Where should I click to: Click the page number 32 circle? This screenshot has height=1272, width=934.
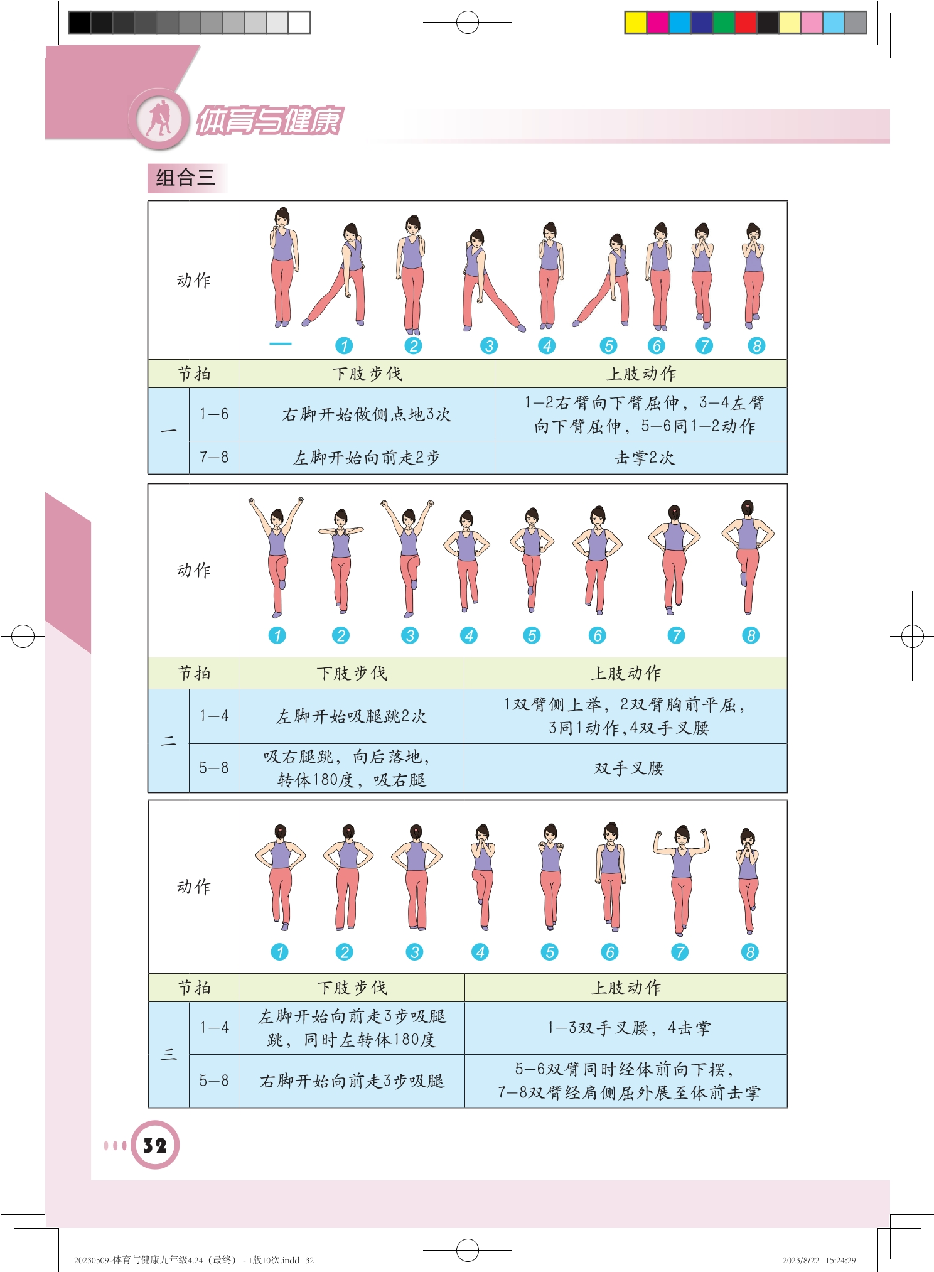pyautogui.click(x=155, y=1145)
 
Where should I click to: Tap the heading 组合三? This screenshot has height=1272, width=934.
pyautogui.click(x=185, y=178)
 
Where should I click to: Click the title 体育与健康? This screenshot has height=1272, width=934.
pyautogui.click(x=269, y=121)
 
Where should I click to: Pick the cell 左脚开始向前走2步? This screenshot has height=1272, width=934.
pyautogui.click(x=367, y=458)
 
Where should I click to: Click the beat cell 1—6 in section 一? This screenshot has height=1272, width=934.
pyautogui.click(x=214, y=414)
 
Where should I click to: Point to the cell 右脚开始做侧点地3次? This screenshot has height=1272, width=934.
pyautogui.click(x=367, y=414)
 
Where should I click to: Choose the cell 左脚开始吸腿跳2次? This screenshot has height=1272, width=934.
pyautogui.click(x=352, y=716)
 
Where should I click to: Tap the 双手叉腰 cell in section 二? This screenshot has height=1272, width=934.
pyautogui.click(x=628, y=768)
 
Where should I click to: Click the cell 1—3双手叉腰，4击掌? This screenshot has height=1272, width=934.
pyautogui.click(x=628, y=1028)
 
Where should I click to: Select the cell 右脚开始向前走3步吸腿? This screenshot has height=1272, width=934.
pyautogui.click(x=352, y=1081)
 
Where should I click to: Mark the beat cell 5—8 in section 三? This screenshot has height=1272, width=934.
pyautogui.click(x=214, y=1081)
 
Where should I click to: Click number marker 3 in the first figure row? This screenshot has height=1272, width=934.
pyautogui.click(x=489, y=346)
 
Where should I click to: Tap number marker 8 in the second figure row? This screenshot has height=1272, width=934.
pyautogui.click(x=751, y=635)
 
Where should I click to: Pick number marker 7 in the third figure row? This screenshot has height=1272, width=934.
pyautogui.click(x=679, y=952)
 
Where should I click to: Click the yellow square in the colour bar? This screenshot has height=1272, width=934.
pyautogui.click(x=635, y=23)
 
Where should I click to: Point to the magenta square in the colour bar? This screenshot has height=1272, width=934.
pyautogui.click(x=657, y=23)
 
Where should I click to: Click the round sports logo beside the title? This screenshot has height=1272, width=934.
pyautogui.click(x=159, y=119)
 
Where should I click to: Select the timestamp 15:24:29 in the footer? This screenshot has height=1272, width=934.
pyautogui.click(x=840, y=1260)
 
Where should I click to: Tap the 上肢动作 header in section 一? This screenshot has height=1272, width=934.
pyautogui.click(x=641, y=374)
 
